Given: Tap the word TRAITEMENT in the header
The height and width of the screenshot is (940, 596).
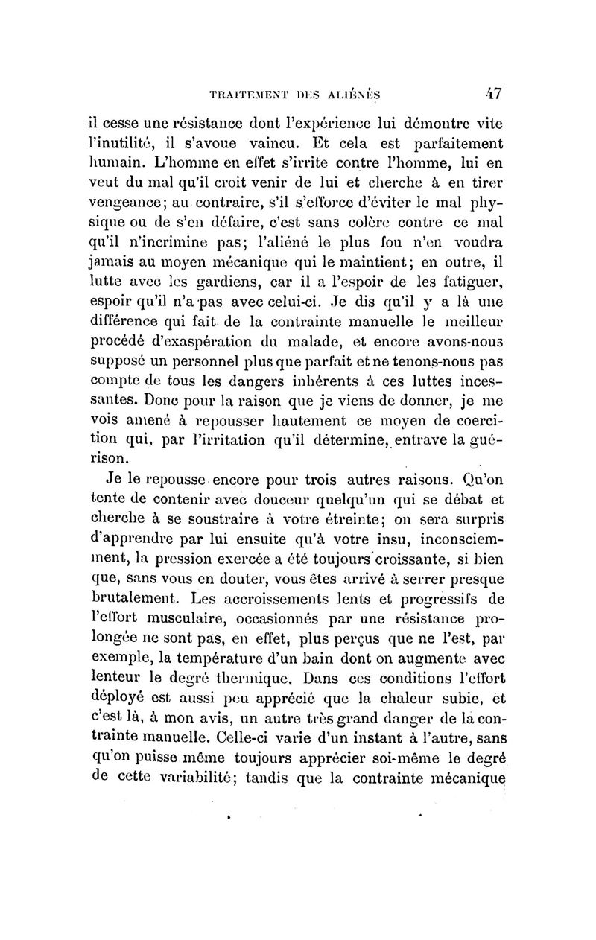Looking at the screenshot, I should [232, 95].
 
